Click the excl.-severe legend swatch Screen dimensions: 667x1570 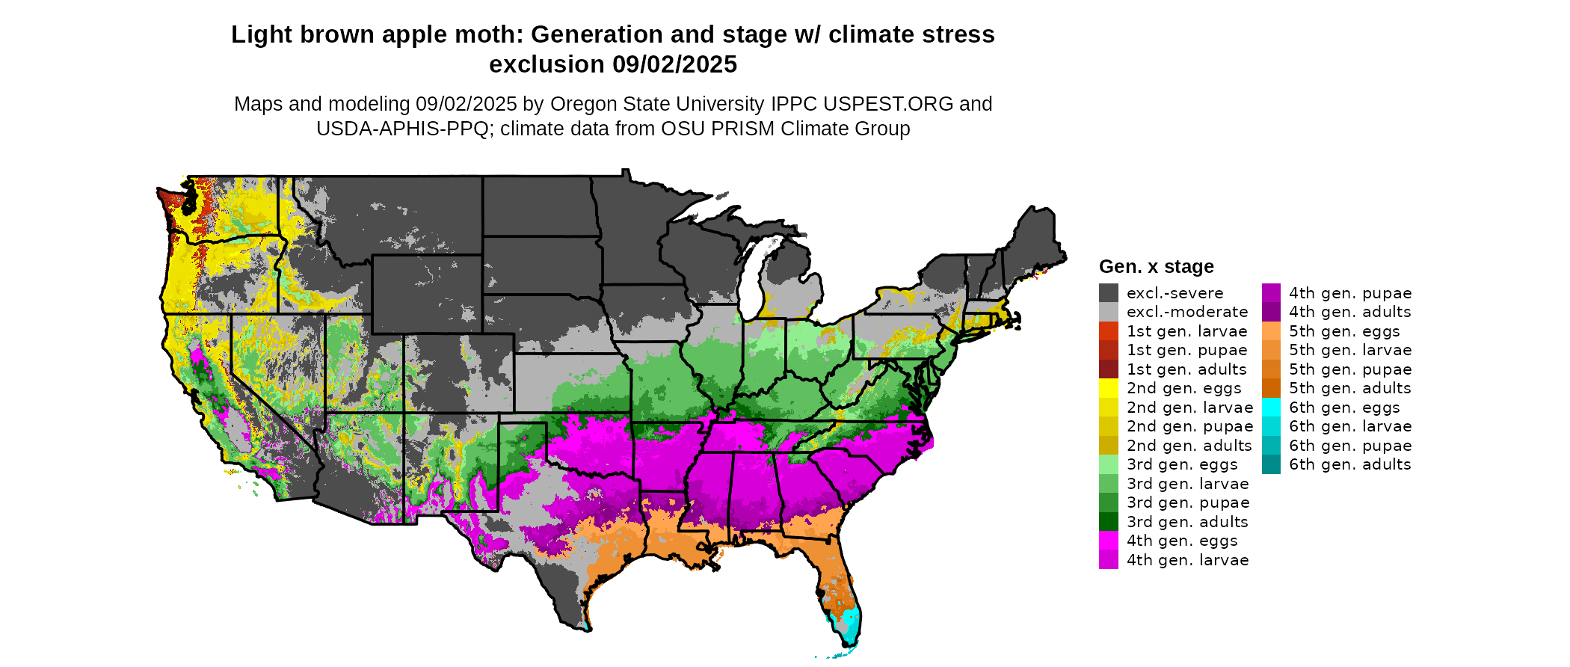[x=1109, y=293]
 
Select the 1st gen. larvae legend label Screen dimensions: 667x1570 [x=1187, y=331]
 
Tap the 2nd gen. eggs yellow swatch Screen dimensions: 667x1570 [x=1109, y=388]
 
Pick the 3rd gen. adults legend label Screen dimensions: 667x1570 [x=1187, y=522]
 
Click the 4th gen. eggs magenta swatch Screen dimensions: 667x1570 [x=1109, y=541]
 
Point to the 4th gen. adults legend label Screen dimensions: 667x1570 [x=1349, y=312]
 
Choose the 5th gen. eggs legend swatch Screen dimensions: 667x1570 [x=1271, y=331]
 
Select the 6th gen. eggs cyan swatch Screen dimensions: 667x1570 [x=1271, y=408]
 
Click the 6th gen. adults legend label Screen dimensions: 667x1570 [x=1349, y=464]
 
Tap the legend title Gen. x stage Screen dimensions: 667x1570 [x=1156, y=267]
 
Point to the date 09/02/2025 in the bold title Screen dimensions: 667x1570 [x=674, y=65]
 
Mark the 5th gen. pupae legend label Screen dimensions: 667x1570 [x=1349, y=369]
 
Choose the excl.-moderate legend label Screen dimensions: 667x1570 [x=1187, y=312]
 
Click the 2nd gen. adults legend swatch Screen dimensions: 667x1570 [x=1109, y=446]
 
